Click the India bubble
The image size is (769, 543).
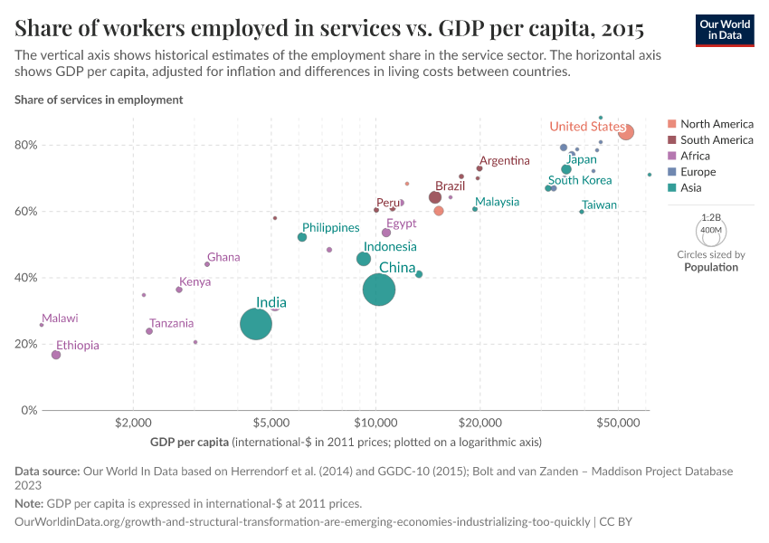[256, 324]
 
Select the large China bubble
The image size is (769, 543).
[379, 290]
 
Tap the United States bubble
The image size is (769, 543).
[626, 132]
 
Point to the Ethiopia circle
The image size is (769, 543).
[56, 355]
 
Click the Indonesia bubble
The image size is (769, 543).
[364, 259]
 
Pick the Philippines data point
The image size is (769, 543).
[302, 237]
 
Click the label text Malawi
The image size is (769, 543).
[60, 319]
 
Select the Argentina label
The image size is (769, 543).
[504, 161]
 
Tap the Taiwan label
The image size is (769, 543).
[599, 205]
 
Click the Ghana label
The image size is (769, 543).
[223, 257]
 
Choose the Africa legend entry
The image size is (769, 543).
[697, 156]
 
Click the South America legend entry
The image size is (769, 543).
[716, 139]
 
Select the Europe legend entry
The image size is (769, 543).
[698, 172]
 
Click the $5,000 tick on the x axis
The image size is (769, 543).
[271, 423]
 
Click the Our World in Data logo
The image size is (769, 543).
[725, 29]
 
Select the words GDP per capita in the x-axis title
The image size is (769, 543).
[189, 443]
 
